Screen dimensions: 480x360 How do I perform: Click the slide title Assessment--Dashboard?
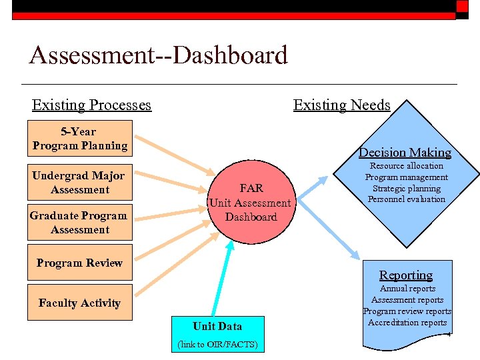(159, 55)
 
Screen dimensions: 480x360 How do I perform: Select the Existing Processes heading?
(91, 105)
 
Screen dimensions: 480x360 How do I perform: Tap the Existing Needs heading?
(341, 105)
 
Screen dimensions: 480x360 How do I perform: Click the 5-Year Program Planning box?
(80, 139)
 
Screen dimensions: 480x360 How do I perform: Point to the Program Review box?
(80, 263)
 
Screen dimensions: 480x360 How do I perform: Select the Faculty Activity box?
(80, 303)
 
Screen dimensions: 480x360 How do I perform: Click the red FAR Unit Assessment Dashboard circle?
(251, 203)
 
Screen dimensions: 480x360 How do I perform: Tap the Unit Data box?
(217, 326)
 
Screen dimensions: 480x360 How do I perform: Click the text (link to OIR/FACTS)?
(217, 344)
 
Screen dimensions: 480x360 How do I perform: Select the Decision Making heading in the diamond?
(405, 152)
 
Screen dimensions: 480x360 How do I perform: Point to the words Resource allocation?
(406, 165)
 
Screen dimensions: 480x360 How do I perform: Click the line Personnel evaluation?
(406, 199)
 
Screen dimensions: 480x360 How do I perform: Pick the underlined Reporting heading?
(406, 275)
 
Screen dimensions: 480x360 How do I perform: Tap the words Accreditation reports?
(407, 322)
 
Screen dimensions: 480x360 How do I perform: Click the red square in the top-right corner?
(462, 7)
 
